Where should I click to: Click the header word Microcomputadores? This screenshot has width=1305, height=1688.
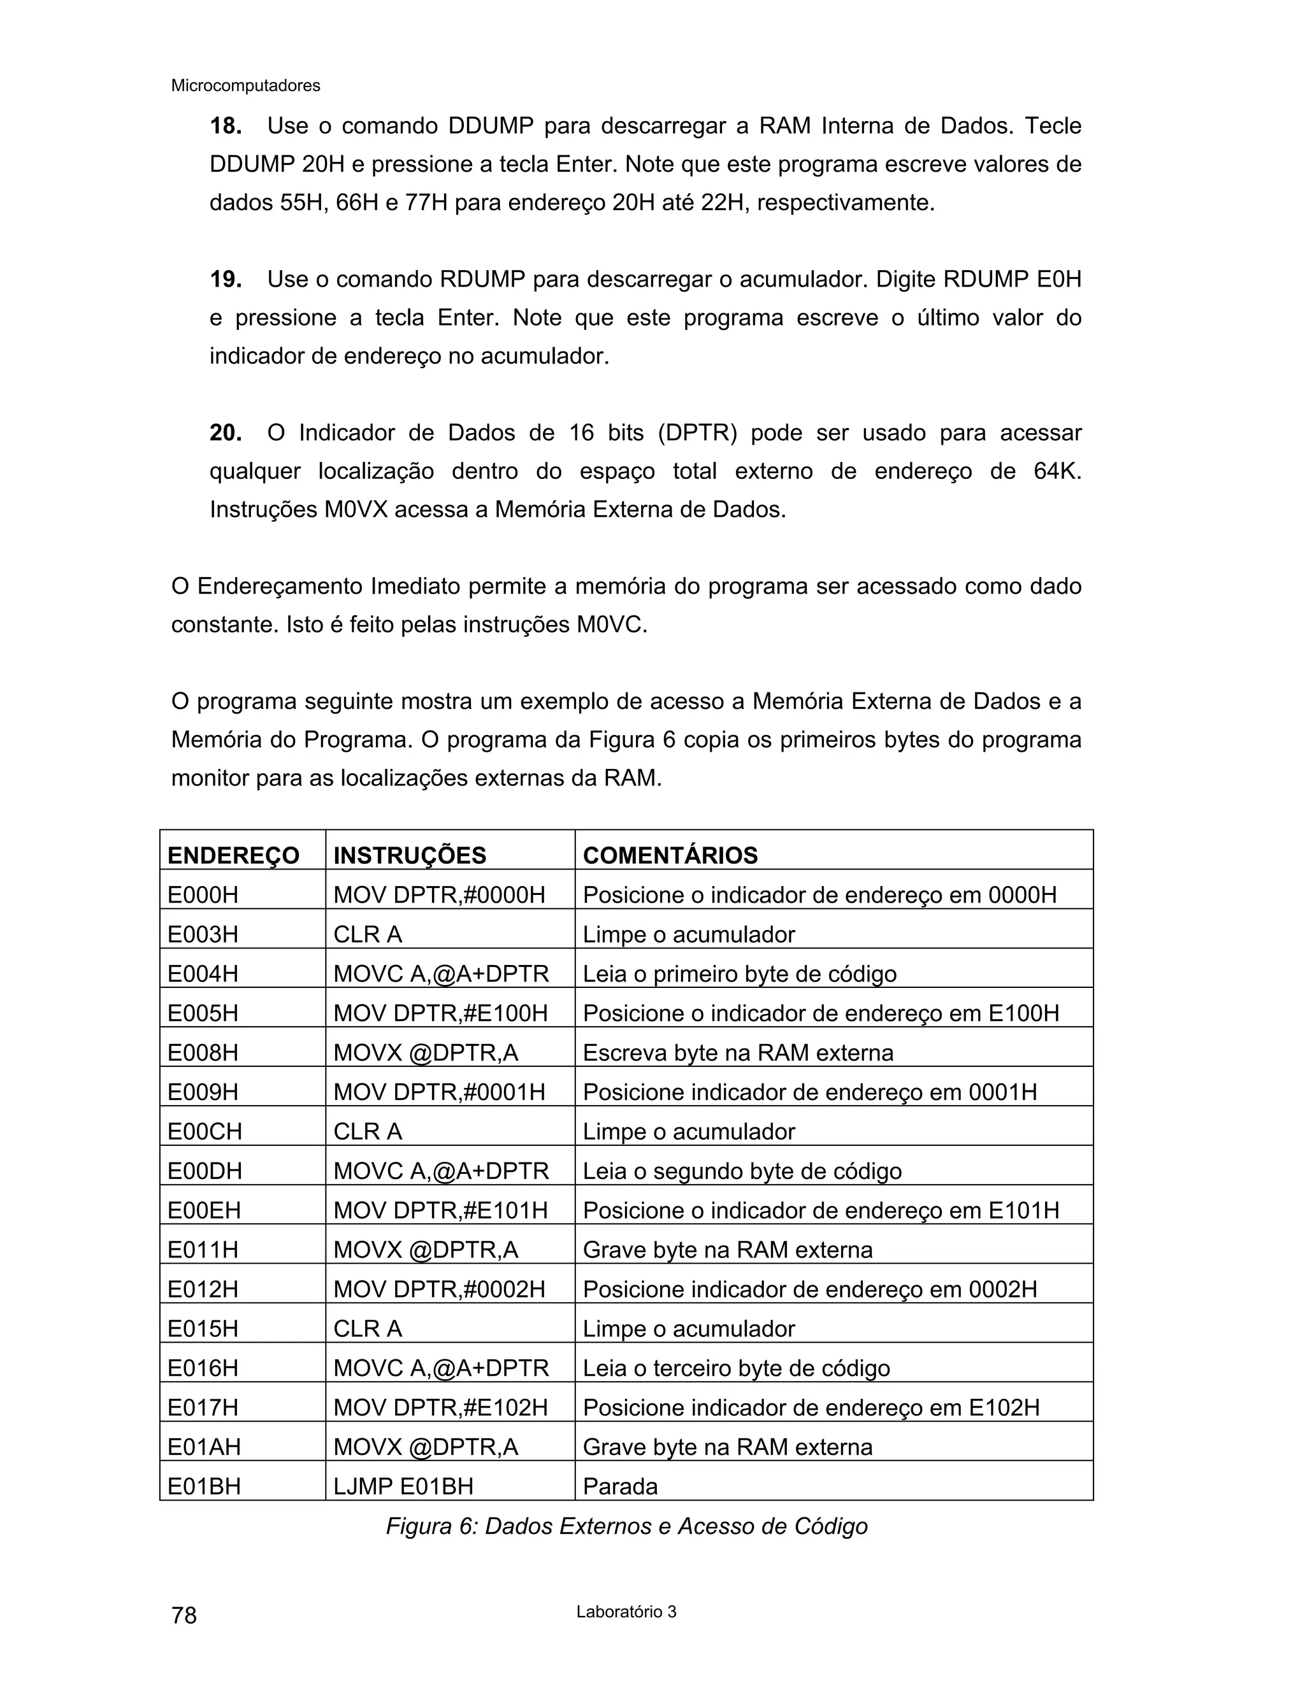coord(245,86)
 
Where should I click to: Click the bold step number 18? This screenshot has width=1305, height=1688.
coord(225,126)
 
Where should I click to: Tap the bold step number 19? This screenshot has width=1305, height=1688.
coord(225,279)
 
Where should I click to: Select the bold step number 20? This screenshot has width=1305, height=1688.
coord(225,433)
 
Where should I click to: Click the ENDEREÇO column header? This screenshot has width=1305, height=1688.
coord(233,855)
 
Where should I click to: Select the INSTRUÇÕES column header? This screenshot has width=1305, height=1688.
coord(410,855)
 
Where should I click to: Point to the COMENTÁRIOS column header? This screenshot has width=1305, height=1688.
coord(670,855)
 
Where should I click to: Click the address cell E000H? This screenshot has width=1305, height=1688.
coord(203,895)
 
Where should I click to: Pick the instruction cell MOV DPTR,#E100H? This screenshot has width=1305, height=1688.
coord(441,1013)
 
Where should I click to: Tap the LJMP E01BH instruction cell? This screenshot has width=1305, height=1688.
coord(403,1486)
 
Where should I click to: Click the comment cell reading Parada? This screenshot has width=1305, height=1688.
coord(620,1486)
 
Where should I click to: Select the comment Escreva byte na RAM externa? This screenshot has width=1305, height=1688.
coord(737,1053)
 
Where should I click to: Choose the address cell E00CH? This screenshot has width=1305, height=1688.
coord(205,1131)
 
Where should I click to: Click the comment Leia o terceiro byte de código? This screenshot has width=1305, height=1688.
coord(736,1368)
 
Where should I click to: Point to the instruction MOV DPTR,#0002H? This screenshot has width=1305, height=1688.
coord(439,1289)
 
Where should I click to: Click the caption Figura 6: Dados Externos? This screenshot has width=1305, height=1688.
coord(626,1526)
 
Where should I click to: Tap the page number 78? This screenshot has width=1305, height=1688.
coord(184,1615)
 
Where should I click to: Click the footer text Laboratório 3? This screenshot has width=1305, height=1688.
coord(626,1612)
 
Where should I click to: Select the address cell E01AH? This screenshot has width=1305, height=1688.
coord(204,1447)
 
